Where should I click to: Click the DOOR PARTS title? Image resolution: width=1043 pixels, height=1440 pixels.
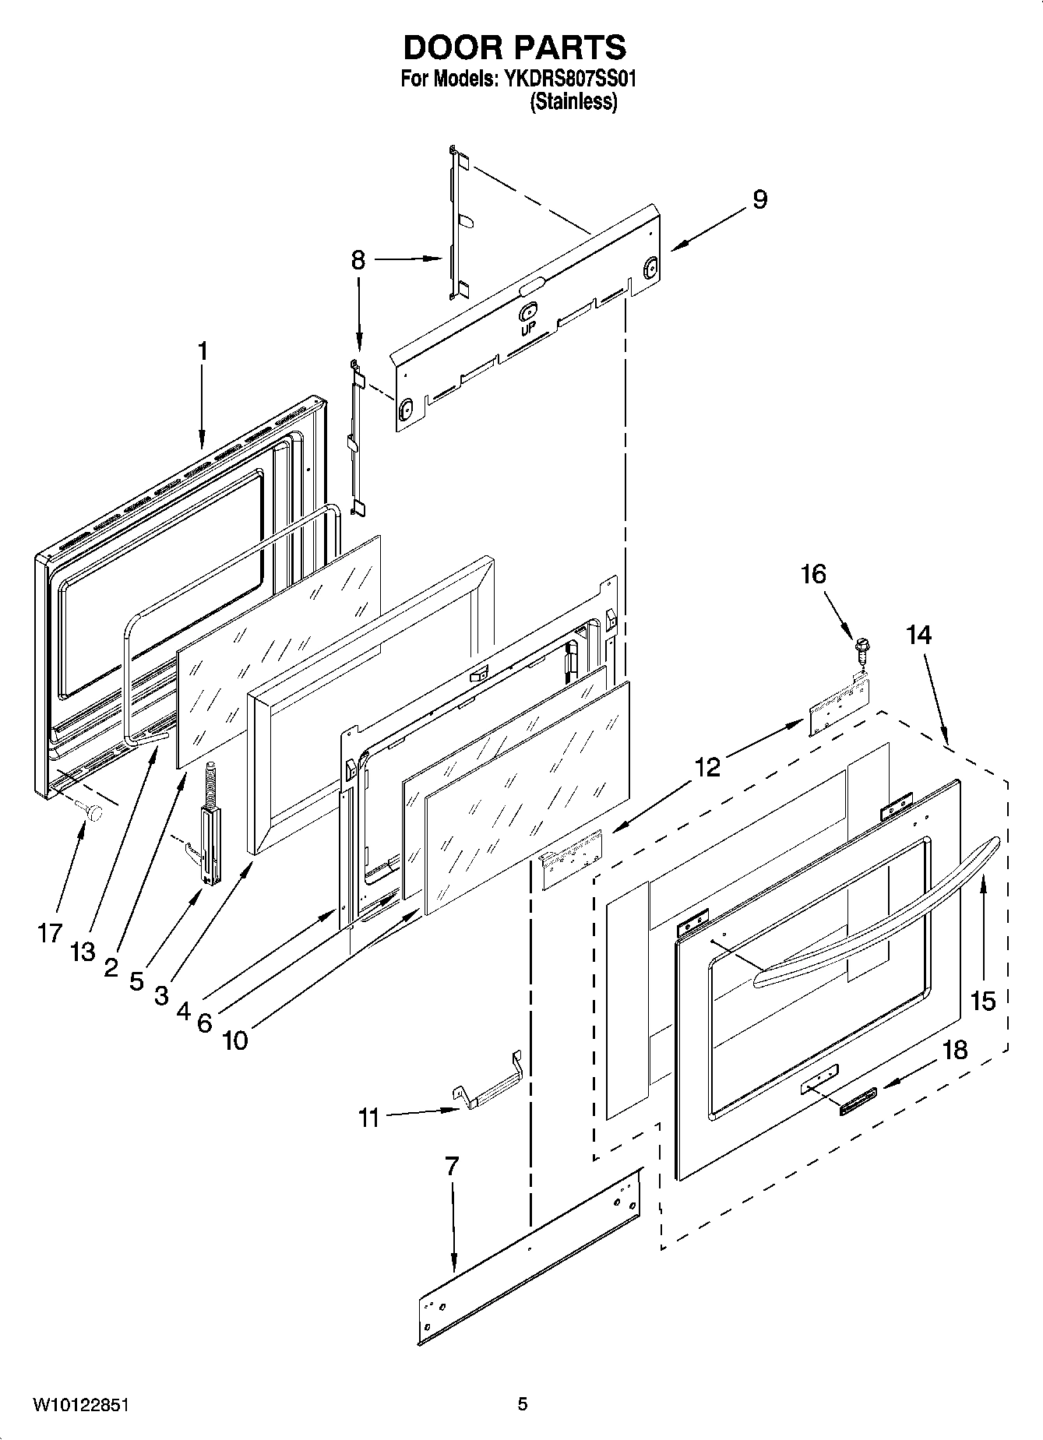click(514, 48)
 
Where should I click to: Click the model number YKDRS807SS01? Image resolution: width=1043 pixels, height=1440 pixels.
click(566, 79)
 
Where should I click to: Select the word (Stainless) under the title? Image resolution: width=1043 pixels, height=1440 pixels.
click(573, 102)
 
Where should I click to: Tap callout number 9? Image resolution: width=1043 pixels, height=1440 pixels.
click(759, 200)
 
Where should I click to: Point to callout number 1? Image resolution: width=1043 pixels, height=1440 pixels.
click(203, 351)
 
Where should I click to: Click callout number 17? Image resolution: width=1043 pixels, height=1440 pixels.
click(49, 932)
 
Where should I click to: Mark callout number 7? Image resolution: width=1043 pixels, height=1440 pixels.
click(452, 1166)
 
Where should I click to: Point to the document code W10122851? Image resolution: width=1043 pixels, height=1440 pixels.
click(80, 1406)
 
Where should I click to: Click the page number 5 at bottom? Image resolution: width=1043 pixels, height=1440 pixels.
click(523, 1404)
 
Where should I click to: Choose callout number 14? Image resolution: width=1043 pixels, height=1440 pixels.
click(918, 636)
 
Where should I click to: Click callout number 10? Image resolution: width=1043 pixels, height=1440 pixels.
click(234, 1040)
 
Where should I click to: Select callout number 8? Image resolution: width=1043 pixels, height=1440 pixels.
click(358, 260)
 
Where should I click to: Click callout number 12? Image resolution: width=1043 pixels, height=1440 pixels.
click(707, 768)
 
